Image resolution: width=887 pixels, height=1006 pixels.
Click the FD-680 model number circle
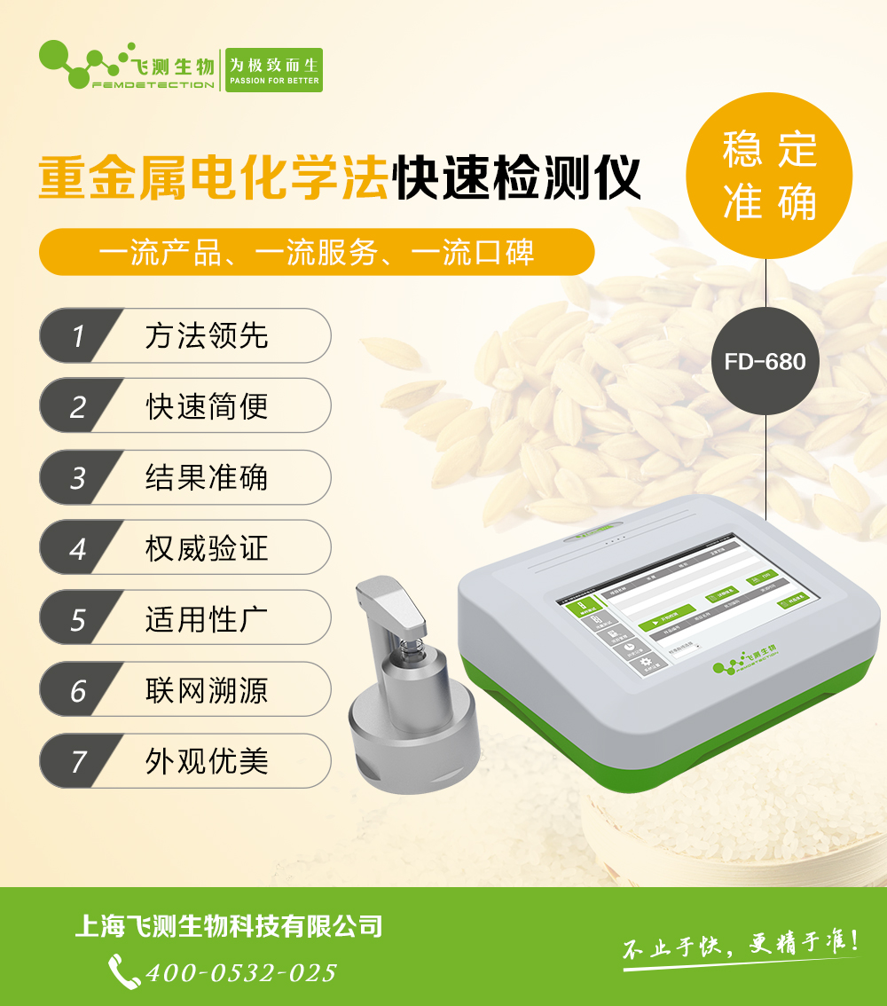(765, 362)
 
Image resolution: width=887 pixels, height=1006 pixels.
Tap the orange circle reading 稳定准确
(769, 175)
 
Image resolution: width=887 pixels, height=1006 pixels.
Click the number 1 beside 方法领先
(78, 336)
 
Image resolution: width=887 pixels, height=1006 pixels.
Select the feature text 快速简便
(207, 407)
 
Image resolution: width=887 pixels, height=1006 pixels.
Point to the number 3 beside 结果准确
(78, 478)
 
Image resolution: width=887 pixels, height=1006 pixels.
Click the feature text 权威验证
(207, 548)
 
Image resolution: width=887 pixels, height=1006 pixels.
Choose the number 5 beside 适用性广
(78, 619)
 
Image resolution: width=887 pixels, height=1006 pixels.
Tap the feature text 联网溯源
(207, 690)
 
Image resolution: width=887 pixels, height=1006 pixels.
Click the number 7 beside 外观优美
(78, 761)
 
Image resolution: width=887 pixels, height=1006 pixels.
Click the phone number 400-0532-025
(241, 972)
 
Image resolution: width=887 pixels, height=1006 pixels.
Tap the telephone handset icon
(123, 971)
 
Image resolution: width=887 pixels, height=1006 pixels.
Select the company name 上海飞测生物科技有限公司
(229, 927)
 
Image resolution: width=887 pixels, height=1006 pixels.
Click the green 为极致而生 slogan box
(273, 70)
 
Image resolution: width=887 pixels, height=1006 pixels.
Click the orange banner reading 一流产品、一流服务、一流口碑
(317, 253)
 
